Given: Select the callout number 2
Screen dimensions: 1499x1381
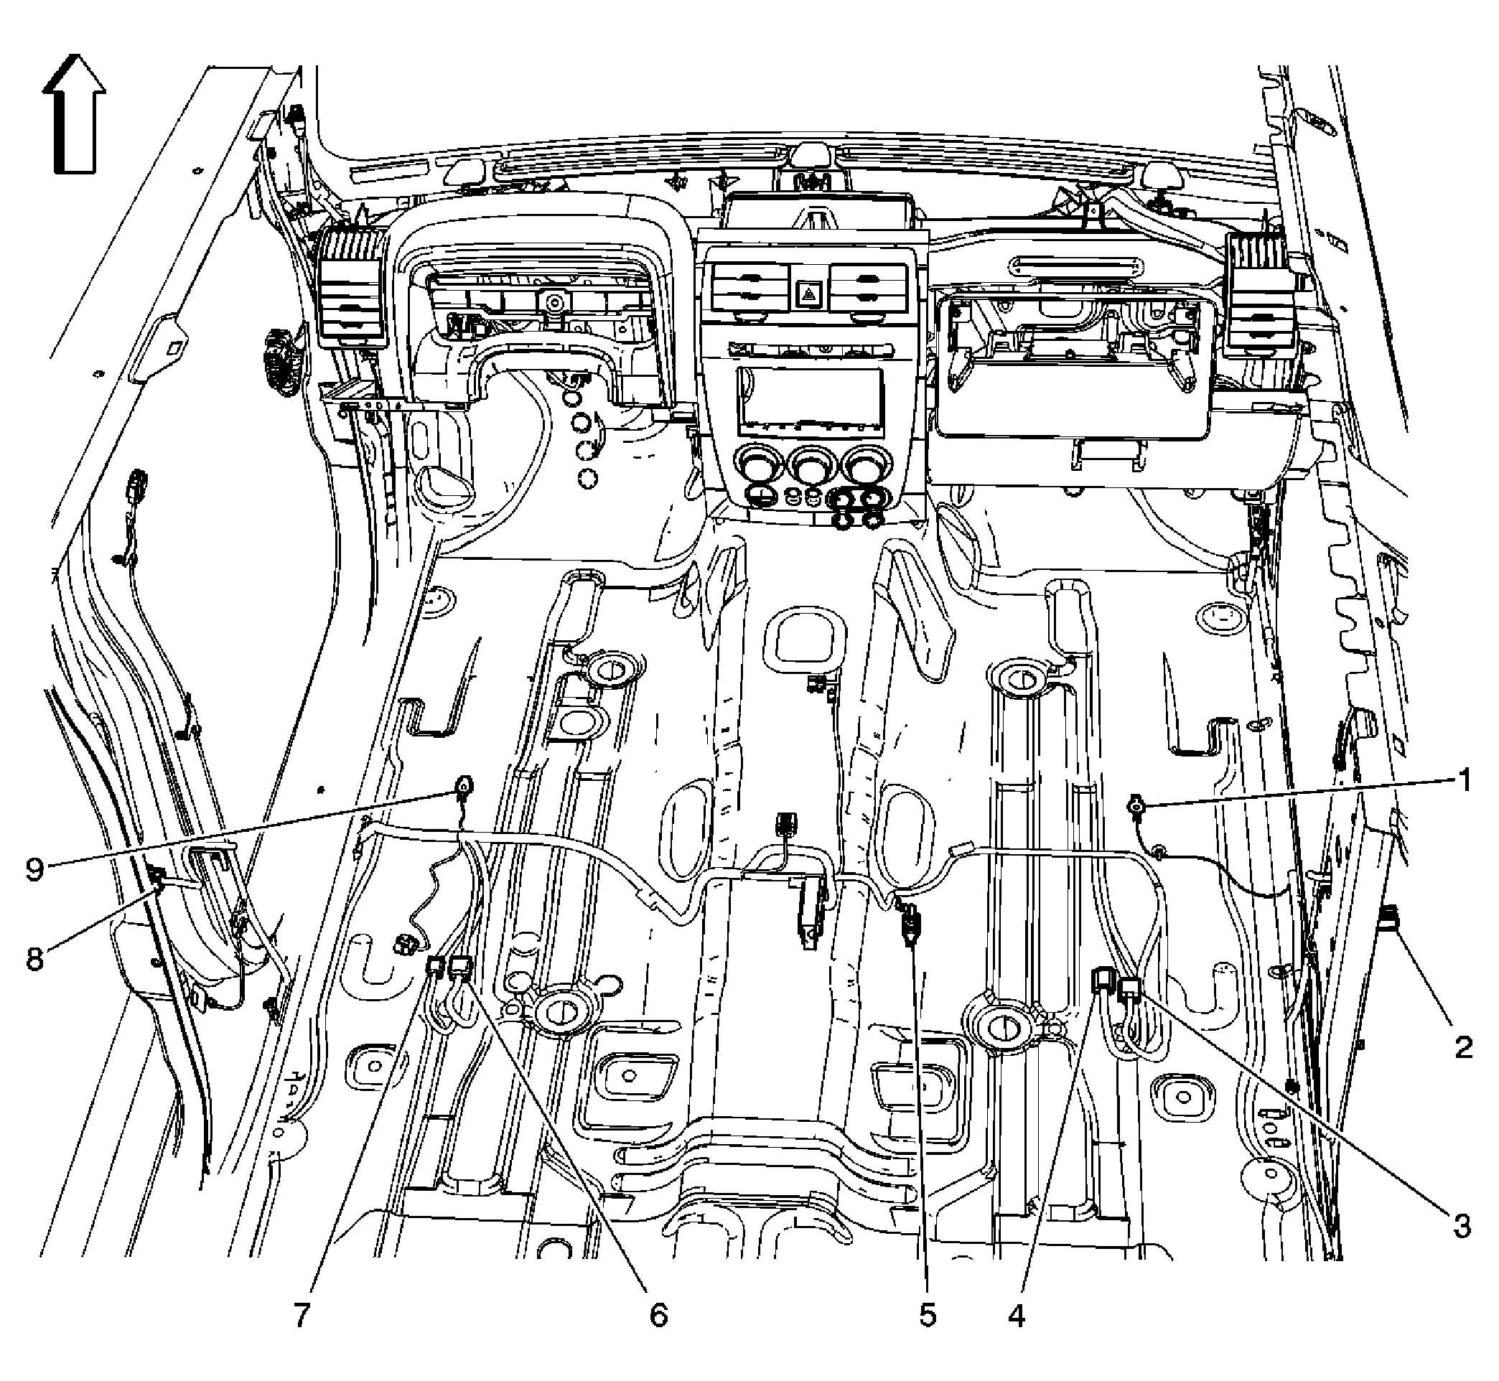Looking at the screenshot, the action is (1462, 1047).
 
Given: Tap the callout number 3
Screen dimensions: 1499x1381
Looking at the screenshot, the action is (1462, 1226).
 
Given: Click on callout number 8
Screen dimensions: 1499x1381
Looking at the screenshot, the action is (35, 958).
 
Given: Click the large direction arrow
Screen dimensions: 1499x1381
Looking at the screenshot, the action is (74, 113).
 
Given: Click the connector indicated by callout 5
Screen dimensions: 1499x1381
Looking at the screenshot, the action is (908, 924).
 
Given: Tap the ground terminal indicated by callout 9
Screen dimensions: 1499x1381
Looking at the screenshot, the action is (463, 785).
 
